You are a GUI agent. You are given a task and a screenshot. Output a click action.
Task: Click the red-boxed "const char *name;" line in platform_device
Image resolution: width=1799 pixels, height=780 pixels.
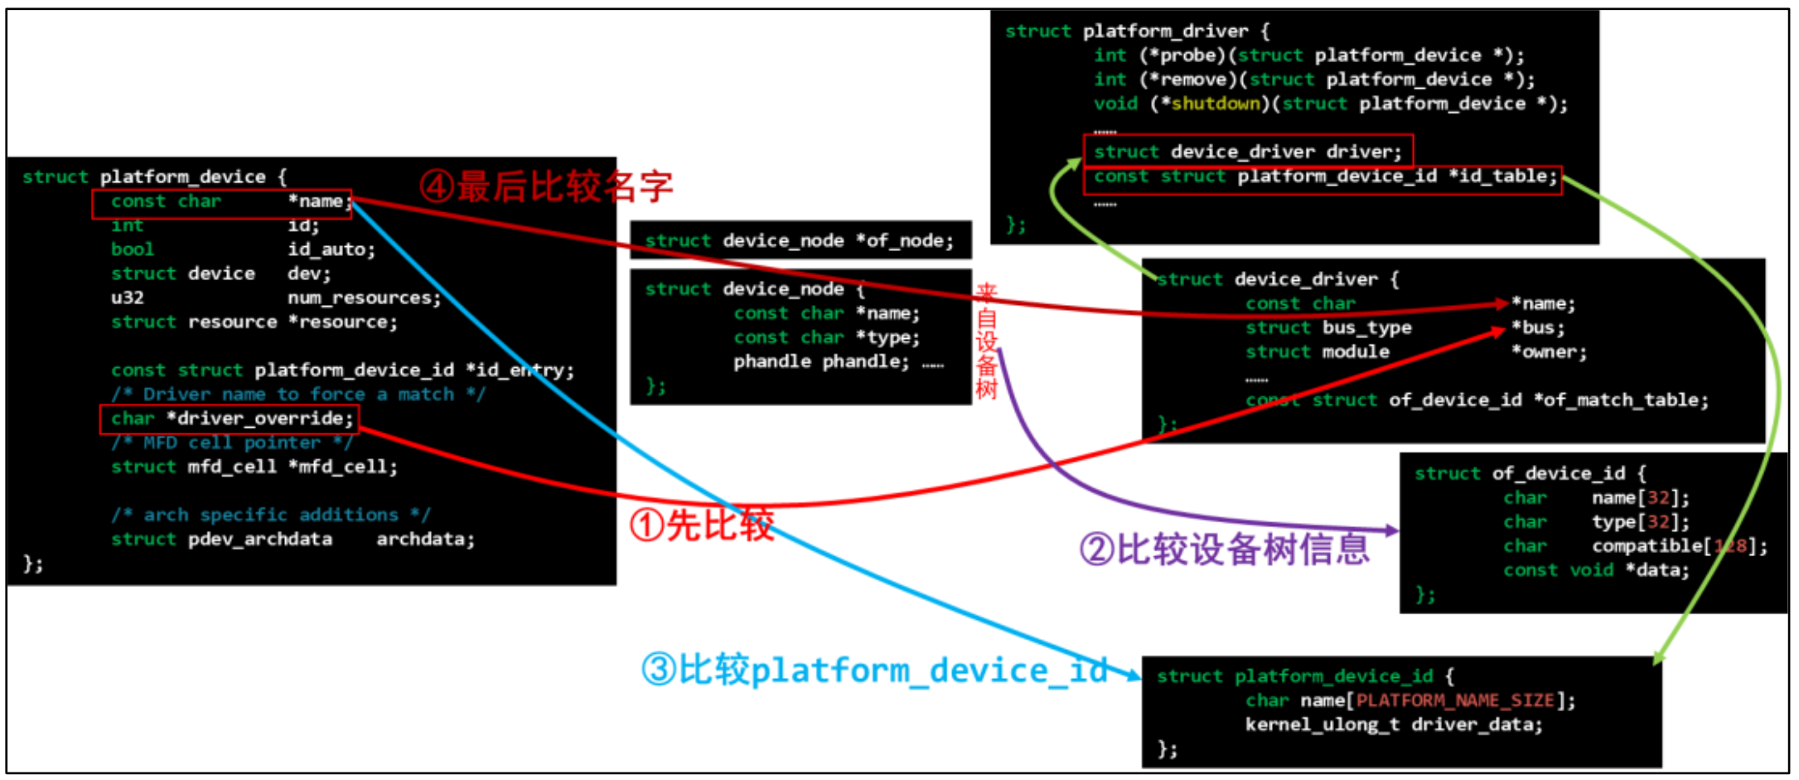click(x=221, y=202)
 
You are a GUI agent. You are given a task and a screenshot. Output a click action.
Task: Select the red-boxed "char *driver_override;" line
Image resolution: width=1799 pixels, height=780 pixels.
click(x=230, y=419)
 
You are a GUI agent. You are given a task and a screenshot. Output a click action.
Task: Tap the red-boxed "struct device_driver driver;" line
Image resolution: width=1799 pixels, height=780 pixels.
click(x=1247, y=152)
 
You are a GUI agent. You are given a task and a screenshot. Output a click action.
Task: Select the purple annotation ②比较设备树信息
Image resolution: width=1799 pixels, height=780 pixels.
click(x=1225, y=549)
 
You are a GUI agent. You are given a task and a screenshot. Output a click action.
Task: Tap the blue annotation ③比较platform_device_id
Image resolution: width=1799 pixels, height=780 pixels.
click(x=874, y=670)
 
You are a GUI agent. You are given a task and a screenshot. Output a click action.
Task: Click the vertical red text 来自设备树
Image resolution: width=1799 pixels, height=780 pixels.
click(x=986, y=341)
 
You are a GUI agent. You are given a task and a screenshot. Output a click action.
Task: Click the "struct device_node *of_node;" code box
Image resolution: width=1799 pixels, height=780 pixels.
click(x=800, y=240)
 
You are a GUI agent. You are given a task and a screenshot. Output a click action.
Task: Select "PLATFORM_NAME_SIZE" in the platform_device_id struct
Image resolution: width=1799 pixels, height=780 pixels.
click(x=1454, y=700)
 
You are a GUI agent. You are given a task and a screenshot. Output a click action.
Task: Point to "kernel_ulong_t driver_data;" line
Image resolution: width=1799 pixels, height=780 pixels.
click(x=1394, y=725)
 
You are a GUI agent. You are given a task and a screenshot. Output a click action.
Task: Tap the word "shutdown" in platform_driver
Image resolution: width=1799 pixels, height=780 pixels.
click(x=1215, y=104)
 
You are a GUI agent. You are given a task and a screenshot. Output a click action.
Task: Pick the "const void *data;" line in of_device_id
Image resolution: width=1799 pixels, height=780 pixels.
click(x=1596, y=570)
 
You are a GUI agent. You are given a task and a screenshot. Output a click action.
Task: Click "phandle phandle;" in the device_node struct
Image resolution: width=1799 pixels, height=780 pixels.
click(x=820, y=362)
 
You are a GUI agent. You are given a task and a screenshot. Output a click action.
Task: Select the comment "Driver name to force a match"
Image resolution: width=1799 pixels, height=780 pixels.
click(x=298, y=395)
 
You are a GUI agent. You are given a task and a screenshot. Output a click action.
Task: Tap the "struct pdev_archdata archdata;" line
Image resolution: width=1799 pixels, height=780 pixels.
click(x=293, y=540)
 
